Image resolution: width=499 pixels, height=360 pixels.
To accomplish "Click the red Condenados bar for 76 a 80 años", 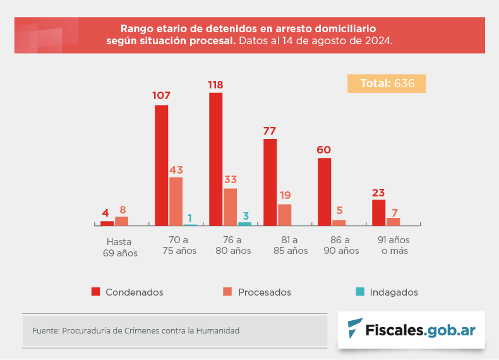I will tap(215, 159).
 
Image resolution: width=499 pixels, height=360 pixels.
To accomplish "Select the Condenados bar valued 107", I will tap(161, 165).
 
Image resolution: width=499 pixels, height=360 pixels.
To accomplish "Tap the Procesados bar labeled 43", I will tap(176, 201).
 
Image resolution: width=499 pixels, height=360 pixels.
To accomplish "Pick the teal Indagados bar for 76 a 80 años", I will tap(244, 224).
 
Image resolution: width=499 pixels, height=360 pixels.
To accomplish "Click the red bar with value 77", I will tap(270, 182).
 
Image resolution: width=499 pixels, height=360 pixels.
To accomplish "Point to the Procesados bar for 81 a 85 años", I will tap(284, 215).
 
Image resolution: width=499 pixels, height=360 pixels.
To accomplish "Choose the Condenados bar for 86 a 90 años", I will tap(324, 191).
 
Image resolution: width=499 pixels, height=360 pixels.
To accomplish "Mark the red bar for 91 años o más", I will tap(378, 212).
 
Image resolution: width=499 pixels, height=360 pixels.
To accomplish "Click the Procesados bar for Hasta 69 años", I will tap(121, 221).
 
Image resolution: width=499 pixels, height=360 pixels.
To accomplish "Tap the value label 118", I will tap(215, 85).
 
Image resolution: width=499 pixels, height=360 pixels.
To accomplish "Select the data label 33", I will tap(230, 179).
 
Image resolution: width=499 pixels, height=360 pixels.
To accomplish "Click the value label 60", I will tap(324, 150).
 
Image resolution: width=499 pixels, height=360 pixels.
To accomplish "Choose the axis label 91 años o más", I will tap(394, 245).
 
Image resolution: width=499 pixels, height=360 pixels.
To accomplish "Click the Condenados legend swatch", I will tap(96, 292).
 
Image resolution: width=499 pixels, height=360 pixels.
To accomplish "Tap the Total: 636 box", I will tap(386, 83).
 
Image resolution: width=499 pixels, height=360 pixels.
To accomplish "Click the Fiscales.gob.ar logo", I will tap(411, 330).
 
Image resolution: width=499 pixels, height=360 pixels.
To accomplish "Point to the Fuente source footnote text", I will tap(136, 330).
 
